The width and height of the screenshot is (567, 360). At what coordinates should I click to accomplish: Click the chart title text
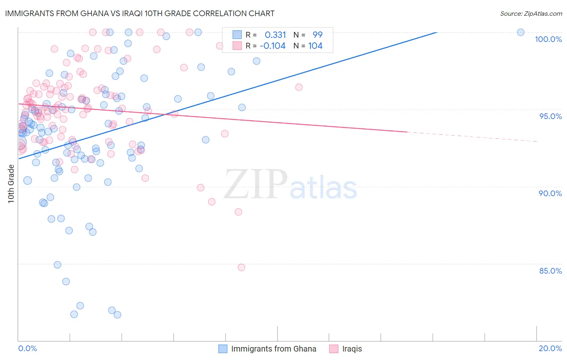140,13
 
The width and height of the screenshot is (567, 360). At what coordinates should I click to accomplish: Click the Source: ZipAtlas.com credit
531,13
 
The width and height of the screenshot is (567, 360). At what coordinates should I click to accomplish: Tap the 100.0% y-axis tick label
548,39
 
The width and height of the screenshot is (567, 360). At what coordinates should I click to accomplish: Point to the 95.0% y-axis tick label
550,116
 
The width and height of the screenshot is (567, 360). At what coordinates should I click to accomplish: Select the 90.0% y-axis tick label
550,193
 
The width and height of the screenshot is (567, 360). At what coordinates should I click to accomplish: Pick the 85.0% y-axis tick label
550,271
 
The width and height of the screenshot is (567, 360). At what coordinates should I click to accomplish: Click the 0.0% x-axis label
27,348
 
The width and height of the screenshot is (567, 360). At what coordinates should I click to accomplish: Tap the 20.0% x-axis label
550,348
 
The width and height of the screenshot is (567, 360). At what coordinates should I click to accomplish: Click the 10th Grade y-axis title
11,184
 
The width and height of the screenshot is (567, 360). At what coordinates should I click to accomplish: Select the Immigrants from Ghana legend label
273,349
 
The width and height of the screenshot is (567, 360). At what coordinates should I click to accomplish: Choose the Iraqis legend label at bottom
352,349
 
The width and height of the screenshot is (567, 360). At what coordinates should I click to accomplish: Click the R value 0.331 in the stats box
275,35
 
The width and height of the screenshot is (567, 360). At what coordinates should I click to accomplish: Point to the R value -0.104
273,46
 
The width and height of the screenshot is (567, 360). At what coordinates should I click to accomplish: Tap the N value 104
315,46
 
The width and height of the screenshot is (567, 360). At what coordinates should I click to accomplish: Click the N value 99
317,35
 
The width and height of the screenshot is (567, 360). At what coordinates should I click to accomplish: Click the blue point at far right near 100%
521,32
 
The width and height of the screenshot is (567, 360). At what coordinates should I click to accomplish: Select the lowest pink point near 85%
241,267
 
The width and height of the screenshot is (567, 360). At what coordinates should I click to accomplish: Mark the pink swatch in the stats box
237,46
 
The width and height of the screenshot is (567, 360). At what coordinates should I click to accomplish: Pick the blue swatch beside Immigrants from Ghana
223,349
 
